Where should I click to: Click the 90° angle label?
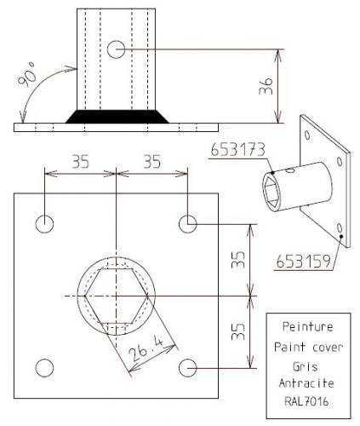(27, 73)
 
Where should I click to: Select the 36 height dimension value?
(266, 86)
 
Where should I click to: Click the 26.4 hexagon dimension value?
(146, 348)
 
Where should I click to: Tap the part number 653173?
(238, 149)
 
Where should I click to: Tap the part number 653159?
(304, 261)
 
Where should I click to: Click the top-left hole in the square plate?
(44, 224)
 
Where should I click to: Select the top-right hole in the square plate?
(188, 224)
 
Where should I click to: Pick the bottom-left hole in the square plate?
(44, 368)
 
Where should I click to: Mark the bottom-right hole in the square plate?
(188, 368)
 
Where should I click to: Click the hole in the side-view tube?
(116, 49)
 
